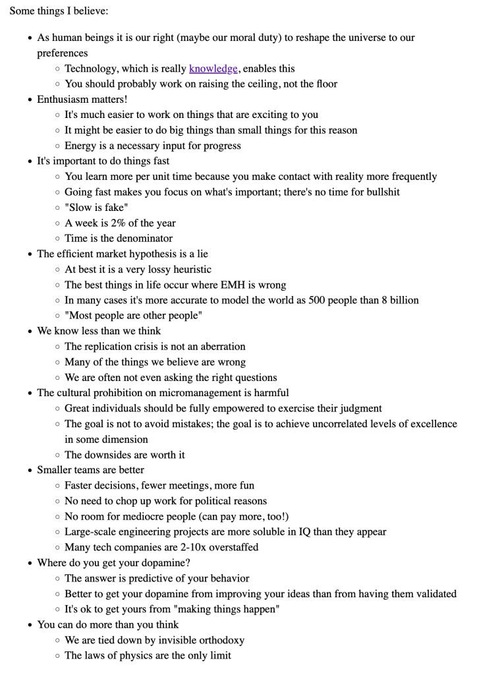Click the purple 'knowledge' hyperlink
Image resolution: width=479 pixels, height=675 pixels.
click(x=213, y=69)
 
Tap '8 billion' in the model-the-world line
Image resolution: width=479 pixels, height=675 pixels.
click(x=396, y=300)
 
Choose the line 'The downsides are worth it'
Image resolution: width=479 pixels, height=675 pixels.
click(x=125, y=455)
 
